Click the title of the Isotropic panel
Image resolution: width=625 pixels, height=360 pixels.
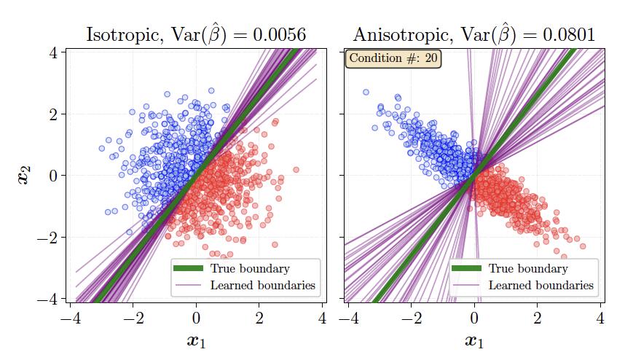tap(195, 34)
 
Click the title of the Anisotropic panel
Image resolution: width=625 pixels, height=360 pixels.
tap(474, 34)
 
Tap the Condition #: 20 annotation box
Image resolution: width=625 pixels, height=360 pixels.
tap(393, 58)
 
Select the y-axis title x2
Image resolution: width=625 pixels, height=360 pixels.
tap(25, 175)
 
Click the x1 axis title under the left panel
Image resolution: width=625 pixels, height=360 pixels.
tap(195, 340)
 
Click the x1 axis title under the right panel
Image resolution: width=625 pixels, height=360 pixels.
tap(474, 340)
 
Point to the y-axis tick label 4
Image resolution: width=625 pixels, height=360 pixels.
tap(53, 52)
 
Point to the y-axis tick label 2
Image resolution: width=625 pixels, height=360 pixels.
tap(53, 114)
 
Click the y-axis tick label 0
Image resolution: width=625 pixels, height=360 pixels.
tap(53, 176)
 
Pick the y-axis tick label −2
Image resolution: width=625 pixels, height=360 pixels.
tap(48, 238)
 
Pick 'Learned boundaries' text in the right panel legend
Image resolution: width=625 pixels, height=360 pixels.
tap(541, 285)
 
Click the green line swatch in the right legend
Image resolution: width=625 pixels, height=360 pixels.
tap(466, 269)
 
